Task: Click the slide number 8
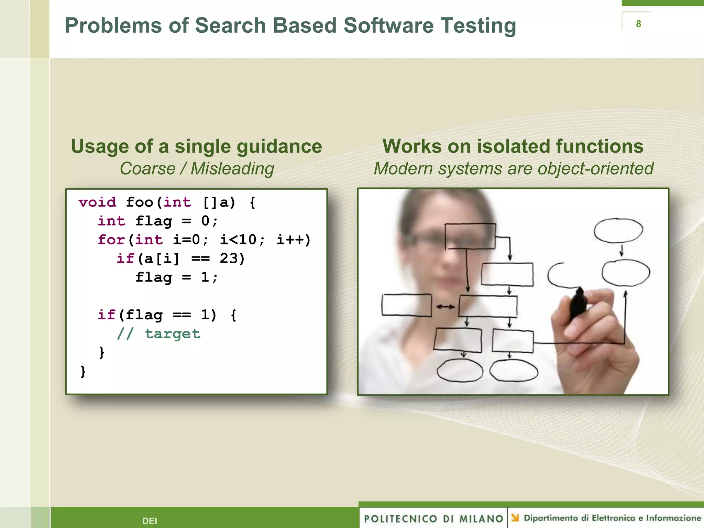638,24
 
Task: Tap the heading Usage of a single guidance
196,146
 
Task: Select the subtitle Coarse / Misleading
197,168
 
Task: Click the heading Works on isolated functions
513,146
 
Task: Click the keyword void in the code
97,202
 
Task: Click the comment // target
158,333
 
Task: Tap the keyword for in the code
111,240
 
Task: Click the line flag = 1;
176,277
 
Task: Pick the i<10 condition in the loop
238,240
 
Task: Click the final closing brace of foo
83,371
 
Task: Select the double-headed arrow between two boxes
445,307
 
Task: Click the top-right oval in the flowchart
618,230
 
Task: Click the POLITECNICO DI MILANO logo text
433,518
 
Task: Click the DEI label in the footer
150,521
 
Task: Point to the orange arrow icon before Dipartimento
515,518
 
